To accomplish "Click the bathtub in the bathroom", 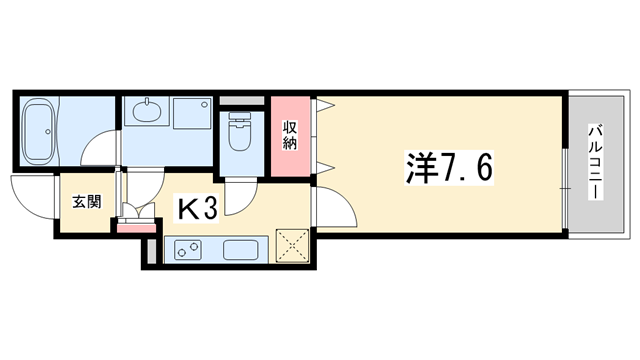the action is click(38, 132).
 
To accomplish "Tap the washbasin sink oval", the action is click(147, 110).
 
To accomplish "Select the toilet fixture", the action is click(240, 131).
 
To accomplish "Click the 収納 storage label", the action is click(290, 136).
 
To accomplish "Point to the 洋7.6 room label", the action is click(449, 168).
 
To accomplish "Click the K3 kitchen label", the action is click(196, 207).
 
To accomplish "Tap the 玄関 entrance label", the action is click(87, 202).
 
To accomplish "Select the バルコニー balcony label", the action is click(596, 162).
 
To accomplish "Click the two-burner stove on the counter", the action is click(188, 250).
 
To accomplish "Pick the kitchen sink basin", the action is click(241, 250).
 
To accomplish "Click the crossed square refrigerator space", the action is click(292, 245).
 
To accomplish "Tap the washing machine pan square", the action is click(191, 113).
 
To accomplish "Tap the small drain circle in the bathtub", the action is click(48, 132).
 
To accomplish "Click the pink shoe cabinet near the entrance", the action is click(137, 228).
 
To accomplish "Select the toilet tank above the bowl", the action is click(240, 116).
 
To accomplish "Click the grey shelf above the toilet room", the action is click(242, 100).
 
